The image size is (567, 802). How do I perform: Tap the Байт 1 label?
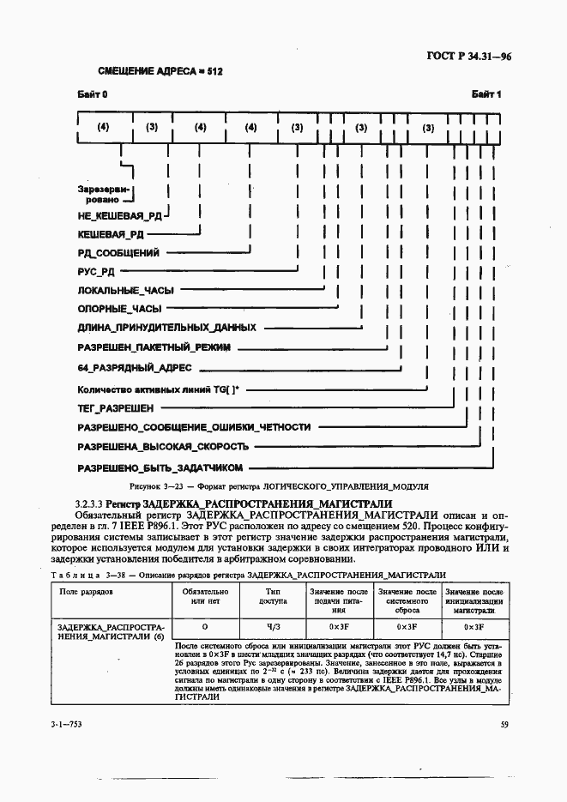pyautogui.click(x=486, y=94)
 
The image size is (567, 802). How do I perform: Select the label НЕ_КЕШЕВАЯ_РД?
pyautogui.click(x=118, y=216)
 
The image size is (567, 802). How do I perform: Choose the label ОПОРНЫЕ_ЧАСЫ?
pyautogui.click(x=119, y=309)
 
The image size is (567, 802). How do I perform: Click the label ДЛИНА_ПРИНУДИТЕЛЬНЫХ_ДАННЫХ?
pyautogui.click(x=166, y=328)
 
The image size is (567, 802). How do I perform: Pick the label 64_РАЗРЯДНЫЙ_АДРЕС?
pyautogui.click(x=135, y=367)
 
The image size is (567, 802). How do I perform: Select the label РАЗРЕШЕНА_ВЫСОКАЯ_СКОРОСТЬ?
pyautogui.click(x=163, y=447)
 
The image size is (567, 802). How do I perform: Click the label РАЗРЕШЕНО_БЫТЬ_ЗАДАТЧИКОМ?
pyautogui.click(x=160, y=467)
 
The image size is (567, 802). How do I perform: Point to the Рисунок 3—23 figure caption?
pyautogui.click(x=282, y=486)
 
